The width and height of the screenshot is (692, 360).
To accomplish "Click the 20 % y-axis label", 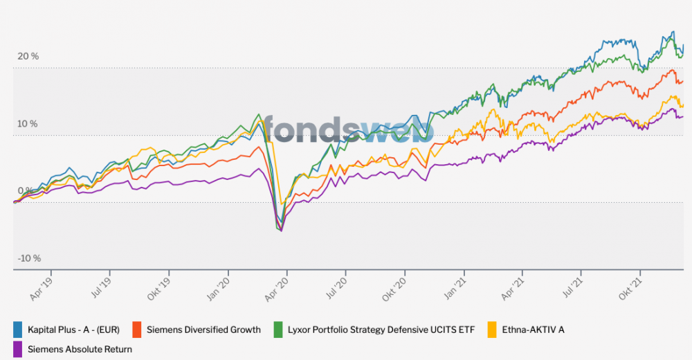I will (x=28, y=57).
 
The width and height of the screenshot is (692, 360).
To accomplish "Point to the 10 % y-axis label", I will (x=28, y=124).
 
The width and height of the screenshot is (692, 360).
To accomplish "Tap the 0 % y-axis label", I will (x=25, y=191).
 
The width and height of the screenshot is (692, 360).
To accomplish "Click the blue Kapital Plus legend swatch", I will (x=18, y=330).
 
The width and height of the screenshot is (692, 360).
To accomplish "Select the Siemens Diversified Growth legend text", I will (x=203, y=330).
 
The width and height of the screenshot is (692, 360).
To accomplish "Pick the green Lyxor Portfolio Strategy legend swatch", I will (x=279, y=330).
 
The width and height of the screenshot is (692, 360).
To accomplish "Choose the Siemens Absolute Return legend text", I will (x=80, y=350).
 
